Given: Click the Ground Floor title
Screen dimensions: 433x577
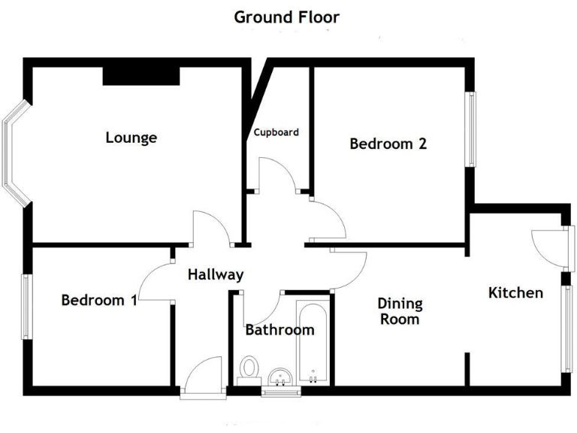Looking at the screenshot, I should pos(286,17).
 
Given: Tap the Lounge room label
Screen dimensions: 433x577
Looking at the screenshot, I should pos(131,138).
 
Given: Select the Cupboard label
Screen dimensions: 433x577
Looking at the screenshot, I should pos(276,132).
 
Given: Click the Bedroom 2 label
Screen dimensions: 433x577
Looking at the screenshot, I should pos(388,144).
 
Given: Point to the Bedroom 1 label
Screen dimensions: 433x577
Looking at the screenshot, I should pos(98,300).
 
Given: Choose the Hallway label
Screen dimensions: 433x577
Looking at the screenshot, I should pos(216,274).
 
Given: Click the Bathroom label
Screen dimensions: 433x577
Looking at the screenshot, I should pos(279,329).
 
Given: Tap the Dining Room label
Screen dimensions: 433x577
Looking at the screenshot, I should pos(400,311).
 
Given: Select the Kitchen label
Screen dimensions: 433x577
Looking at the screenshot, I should pos(515,292).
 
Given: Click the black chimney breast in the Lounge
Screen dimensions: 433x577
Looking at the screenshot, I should pos(140,74).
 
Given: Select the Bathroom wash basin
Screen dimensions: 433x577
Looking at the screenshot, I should pos(279,377).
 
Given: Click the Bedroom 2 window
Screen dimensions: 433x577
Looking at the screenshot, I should pos(470,129).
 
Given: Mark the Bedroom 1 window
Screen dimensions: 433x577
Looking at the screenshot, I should pos(27,307).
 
